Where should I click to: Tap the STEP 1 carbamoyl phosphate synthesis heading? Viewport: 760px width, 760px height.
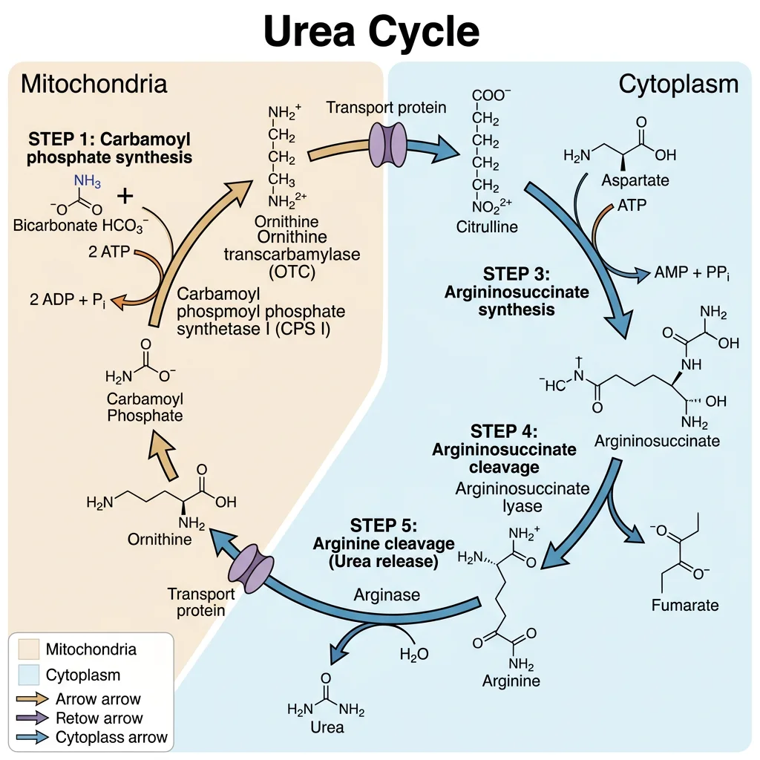[110, 148]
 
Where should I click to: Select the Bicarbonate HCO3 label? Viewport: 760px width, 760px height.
[81, 223]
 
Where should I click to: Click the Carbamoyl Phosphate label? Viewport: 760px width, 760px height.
[145, 407]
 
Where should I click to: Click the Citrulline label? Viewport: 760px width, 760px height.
[488, 226]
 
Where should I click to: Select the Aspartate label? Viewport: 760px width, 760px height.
[635, 180]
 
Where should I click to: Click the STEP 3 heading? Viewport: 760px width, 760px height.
[517, 291]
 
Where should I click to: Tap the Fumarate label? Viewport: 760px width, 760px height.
[684, 605]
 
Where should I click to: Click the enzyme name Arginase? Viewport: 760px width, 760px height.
[387, 595]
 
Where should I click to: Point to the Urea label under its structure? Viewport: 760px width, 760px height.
[327, 727]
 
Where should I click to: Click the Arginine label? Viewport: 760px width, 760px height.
[511, 681]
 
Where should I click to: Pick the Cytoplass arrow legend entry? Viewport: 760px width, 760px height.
[111, 738]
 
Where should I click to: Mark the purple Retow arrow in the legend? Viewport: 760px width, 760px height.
[35, 718]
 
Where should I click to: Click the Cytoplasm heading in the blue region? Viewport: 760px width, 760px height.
[678, 84]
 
